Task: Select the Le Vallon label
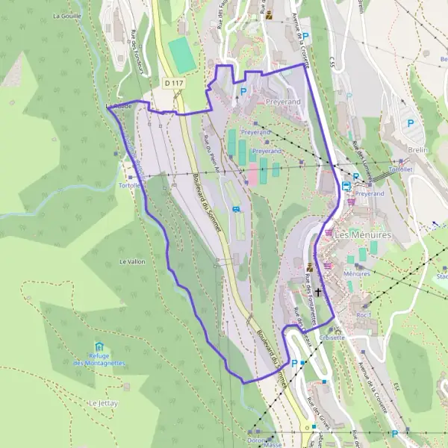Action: tap(132, 262)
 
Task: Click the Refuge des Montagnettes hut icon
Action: tap(99, 346)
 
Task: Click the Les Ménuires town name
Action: tap(362, 234)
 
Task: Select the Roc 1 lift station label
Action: tap(364, 315)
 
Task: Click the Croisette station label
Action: tap(332, 337)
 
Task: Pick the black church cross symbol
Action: tap(318, 291)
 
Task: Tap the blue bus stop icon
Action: tap(346, 185)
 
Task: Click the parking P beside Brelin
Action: tap(409, 123)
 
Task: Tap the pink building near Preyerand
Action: tap(253, 175)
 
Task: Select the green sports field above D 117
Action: tap(181, 55)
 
